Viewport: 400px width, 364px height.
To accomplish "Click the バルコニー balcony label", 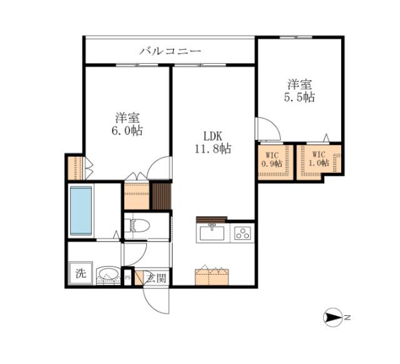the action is point(170,51).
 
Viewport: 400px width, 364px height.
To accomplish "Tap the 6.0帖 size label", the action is point(127,130).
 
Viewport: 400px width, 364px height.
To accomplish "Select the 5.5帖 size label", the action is point(299,97).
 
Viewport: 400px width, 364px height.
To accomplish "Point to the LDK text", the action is point(212,136).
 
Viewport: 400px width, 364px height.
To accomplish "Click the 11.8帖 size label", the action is point(213,149).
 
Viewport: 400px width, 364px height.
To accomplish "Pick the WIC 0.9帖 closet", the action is point(274,161).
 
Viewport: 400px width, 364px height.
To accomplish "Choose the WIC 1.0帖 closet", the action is point(319,161).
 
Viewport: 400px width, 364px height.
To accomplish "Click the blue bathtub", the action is point(81,210).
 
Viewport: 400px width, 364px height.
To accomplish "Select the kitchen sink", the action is point(212,233).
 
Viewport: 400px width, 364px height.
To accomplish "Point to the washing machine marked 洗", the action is point(81,273).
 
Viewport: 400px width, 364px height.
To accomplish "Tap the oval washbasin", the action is point(108,274).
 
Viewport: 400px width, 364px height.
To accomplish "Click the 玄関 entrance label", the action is point(156,278).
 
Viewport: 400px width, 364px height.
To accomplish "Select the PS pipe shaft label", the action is point(127,278).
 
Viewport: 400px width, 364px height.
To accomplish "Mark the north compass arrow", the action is point(333,318).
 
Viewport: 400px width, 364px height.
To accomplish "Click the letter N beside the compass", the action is point(347,318).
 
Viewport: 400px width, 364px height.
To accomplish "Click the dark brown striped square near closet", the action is point(161,196).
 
